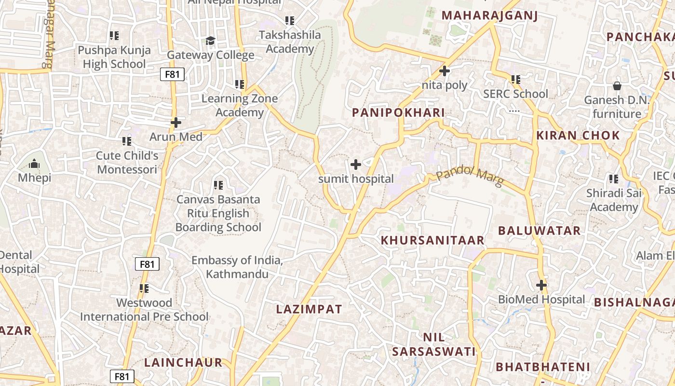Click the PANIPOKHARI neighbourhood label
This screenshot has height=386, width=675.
tap(398, 113)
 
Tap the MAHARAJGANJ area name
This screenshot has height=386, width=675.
tap(489, 15)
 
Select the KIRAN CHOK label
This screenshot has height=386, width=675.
tap(578, 136)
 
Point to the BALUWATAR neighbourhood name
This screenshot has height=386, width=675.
tap(539, 231)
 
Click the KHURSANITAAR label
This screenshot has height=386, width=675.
tap(432, 240)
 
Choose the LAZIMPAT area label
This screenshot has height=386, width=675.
tap(309, 309)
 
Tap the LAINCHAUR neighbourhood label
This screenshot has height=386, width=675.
tap(183, 362)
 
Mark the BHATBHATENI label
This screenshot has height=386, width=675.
tap(542, 367)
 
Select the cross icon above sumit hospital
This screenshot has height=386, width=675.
tap(356, 165)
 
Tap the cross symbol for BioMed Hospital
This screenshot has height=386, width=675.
tap(541, 285)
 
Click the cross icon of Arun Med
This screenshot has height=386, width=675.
tap(176, 123)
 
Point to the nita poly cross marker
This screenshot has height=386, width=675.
tap(444, 71)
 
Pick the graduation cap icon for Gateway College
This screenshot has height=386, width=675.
tap(210, 41)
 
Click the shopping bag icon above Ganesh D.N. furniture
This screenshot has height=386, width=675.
tap(617, 86)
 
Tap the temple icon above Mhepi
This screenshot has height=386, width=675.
tap(34, 164)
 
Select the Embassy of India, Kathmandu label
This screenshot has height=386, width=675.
tap(237, 267)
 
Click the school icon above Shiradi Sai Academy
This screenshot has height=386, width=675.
tap(613, 179)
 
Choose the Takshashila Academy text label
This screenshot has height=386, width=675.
tap(289, 42)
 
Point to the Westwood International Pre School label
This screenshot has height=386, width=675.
tap(144, 310)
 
